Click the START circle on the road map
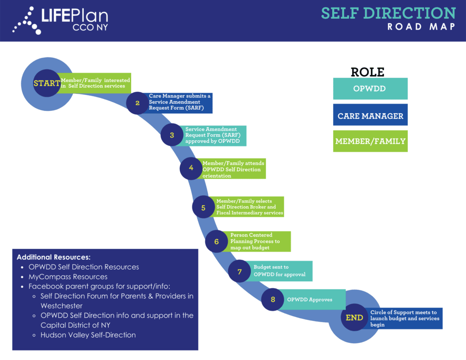(x=46, y=83)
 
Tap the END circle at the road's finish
(x=354, y=318)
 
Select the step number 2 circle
(x=137, y=103)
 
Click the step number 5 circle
(x=203, y=208)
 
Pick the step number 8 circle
(x=273, y=299)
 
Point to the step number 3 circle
(x=172, y=135)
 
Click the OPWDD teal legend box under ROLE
(x=370, y=89)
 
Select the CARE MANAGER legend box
(x=370, y=116)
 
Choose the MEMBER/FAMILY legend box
(x=370, y=141)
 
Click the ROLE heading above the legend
(x=367, y=72)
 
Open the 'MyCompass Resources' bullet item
(x=68, y=277)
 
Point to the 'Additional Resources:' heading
(x=54, y=257)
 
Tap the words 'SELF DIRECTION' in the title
(x=388, y=13)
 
